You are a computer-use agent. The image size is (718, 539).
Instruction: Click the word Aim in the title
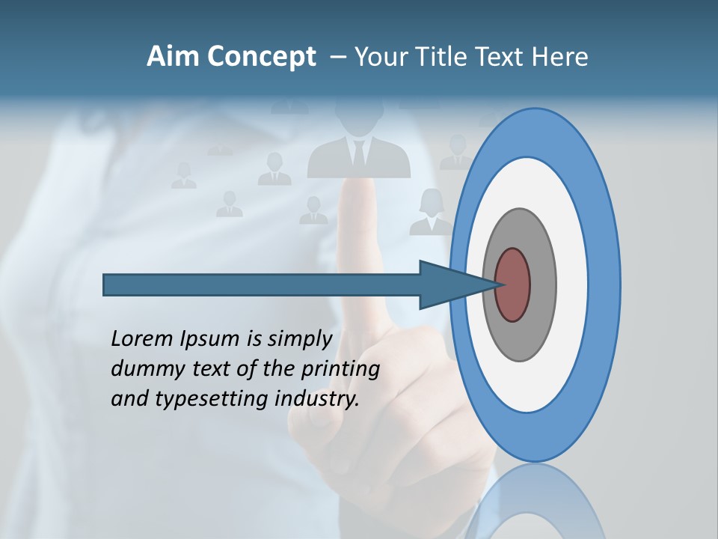(172, 57)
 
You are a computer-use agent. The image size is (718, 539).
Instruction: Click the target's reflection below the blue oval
(535, 502)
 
